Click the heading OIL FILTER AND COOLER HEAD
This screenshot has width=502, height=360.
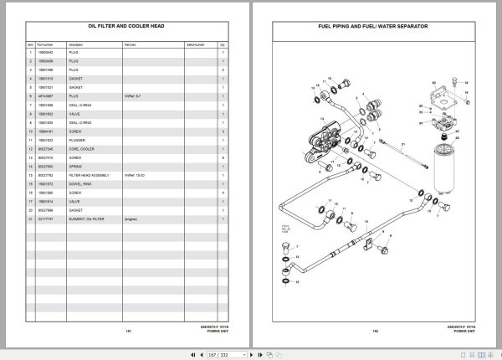tap(126, 27)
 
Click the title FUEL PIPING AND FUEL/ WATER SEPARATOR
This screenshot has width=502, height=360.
tap(373, 27)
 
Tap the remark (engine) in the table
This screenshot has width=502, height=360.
tap(131, 219)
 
